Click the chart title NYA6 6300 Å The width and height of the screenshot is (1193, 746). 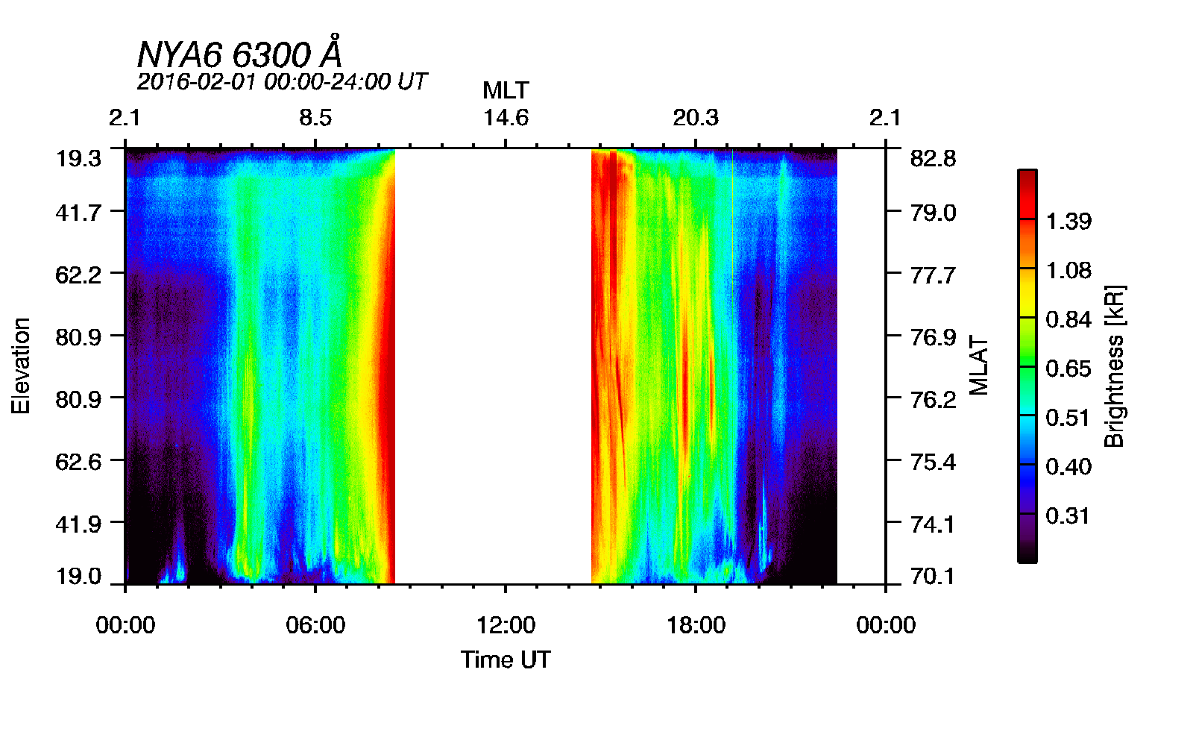click(240, 54)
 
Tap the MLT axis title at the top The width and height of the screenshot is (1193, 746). click(506, 90)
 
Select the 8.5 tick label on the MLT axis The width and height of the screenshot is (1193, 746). click(315, 118)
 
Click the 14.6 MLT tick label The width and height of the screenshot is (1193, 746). click(506, 118)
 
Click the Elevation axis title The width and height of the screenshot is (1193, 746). click(21, 366)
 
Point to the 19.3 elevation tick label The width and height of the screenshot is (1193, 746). click(78, 158)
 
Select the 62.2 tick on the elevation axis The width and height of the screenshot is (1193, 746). click(78, 275)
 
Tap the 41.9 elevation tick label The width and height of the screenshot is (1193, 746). click(78, 524)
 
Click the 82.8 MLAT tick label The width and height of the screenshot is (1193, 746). click(933, 158)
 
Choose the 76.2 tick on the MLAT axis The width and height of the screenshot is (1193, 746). click(933, 400)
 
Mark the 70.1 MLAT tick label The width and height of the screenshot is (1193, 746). click(933, 576)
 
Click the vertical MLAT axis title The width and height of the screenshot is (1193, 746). click(978, 366)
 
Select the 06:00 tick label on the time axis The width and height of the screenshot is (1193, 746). click(315, 625)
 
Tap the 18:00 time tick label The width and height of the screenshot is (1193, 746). click(696, 625)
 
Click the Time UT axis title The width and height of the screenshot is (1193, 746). click(506, 659)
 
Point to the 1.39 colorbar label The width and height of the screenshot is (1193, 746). click(1068, 222)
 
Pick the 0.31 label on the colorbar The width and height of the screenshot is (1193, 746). click(1068, 515)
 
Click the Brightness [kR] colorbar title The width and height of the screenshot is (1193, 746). click(1114, 366)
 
